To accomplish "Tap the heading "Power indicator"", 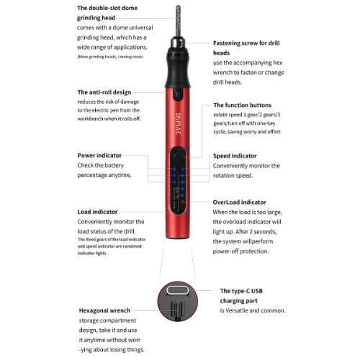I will (99, 155).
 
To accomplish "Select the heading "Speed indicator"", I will (235, 156).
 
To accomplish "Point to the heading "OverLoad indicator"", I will (239, 202).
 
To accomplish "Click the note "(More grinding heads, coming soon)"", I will (109, 56).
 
